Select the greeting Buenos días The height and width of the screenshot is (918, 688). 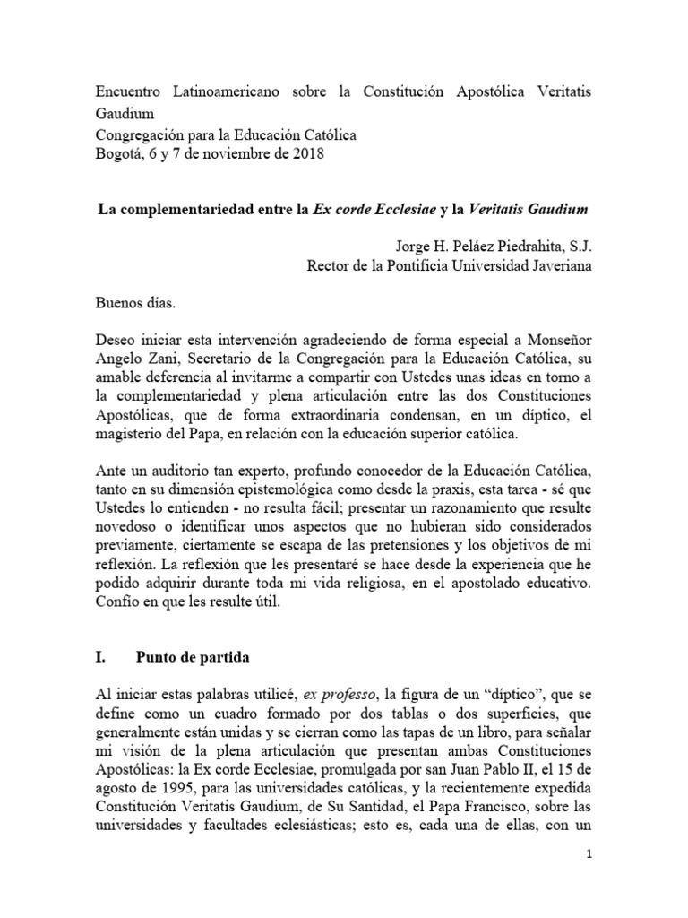135,303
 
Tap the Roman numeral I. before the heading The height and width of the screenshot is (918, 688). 100,656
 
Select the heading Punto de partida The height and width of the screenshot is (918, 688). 191,656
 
